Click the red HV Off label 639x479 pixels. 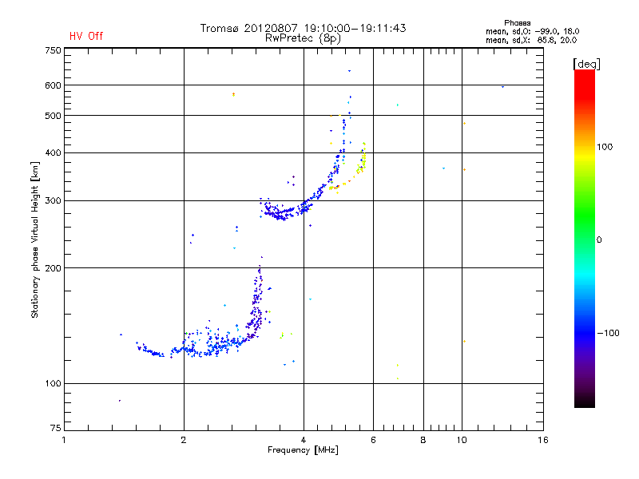coord(85,36)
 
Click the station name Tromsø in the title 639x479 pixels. coord(219,28)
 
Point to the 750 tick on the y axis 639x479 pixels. coord(53,50)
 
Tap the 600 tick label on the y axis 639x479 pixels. coord(53,85)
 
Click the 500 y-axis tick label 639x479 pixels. coord(53,116)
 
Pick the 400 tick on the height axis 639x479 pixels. coord(53,152)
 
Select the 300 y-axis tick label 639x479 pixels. coord(53,200)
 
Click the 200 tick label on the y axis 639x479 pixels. coord(53,268)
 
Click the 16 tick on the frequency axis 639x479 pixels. coord(542,440)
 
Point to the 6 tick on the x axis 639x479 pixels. coord(373,440)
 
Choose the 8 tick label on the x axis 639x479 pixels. coord(423,440)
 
